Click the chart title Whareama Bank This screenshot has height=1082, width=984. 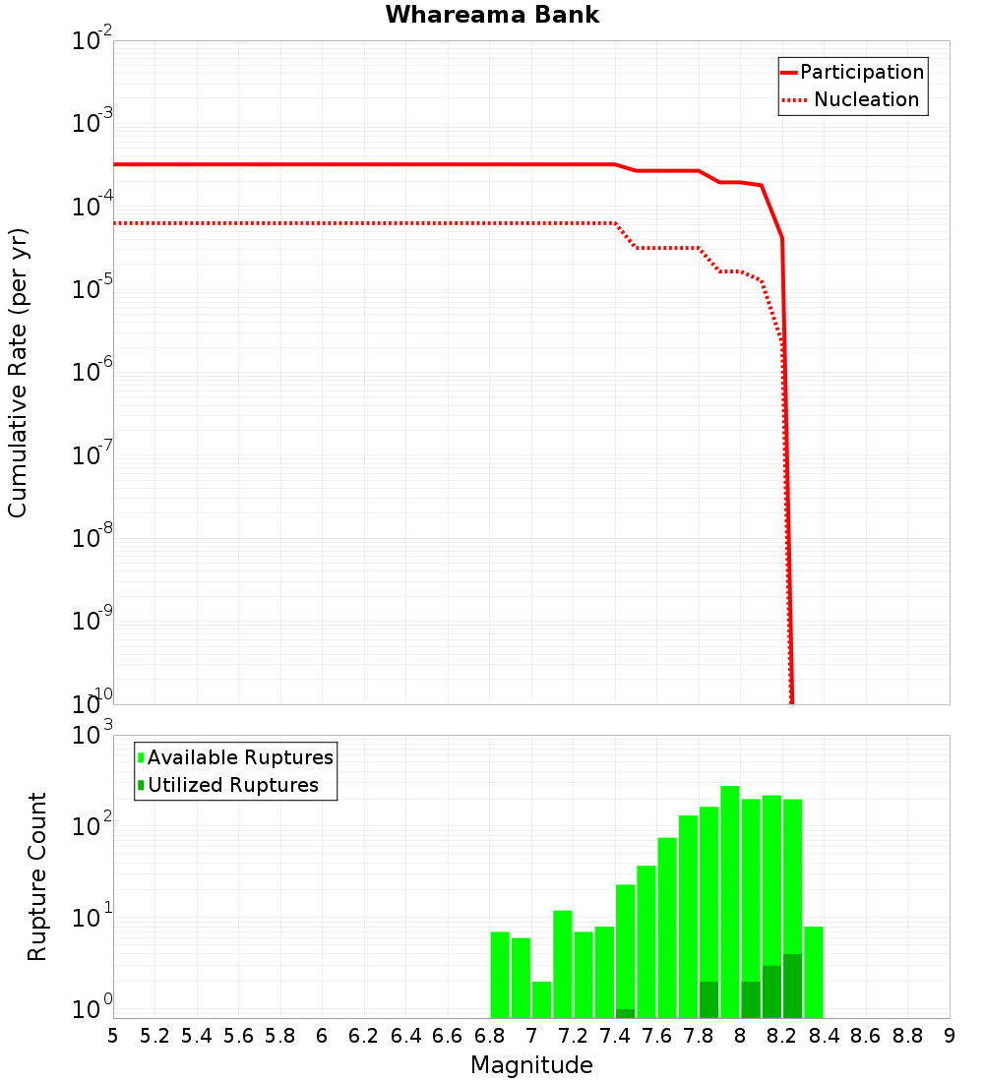492,15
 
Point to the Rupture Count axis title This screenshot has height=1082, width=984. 37,875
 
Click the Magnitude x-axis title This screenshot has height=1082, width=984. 531,1065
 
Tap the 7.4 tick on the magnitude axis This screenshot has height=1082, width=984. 615,1036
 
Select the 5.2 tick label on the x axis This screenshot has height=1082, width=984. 154,1036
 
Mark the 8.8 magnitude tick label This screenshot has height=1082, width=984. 907,1036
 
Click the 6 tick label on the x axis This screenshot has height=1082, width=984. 322,1036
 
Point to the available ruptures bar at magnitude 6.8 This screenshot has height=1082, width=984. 500,974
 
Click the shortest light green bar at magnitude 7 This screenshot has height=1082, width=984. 541,998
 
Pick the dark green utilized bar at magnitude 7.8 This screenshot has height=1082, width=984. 708,999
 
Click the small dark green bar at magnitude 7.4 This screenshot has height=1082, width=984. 625,1013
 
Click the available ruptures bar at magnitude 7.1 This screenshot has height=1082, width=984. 562,964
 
